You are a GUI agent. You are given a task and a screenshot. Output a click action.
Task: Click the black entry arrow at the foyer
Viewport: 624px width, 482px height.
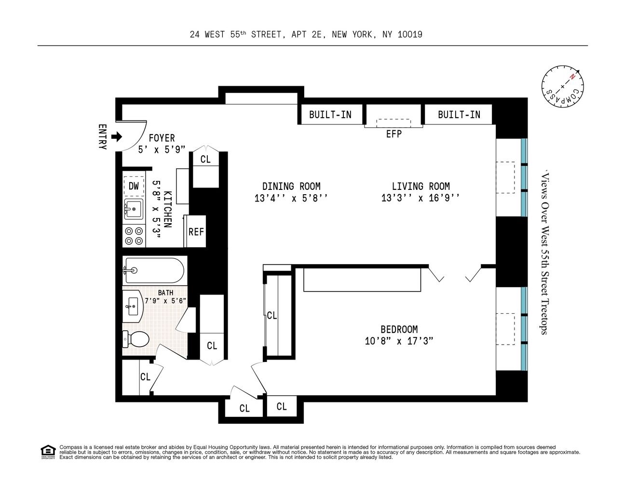(x=117, y=137)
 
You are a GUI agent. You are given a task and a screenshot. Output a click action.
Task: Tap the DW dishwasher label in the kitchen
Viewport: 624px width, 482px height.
(x=134, y=186)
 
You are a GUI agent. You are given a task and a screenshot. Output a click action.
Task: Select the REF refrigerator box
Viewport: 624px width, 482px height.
(x=196, y=232)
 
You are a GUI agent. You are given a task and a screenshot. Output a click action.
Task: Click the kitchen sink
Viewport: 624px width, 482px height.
(x=133, y=210)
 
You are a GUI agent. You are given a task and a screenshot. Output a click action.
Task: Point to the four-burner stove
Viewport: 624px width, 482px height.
(x=134, y=236)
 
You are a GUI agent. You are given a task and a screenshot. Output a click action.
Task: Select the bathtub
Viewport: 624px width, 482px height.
(x=153, y=270)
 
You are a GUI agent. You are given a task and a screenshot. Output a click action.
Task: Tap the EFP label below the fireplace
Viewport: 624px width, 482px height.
(x=393, y=134)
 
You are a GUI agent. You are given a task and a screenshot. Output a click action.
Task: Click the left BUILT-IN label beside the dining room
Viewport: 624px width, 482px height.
(x=330, y=115)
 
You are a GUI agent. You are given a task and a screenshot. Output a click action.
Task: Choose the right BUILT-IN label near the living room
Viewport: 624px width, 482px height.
(x=459, y=115)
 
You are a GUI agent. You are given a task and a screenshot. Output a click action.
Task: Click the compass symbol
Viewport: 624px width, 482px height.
(x=562, y=87)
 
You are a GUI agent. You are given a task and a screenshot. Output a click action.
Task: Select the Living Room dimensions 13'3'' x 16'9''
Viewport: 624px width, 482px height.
(x=420, y=198)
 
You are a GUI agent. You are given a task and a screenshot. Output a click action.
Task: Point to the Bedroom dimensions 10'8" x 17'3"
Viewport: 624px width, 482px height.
(x=399, y=341)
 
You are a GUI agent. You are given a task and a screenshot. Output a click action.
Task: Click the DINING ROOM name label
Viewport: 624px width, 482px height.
(x=291, y=186)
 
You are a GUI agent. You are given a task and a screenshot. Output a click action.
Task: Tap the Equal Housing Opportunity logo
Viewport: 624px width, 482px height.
(x=48, y=452)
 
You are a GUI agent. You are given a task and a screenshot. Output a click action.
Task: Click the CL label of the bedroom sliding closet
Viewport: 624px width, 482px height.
(x=272, y=315)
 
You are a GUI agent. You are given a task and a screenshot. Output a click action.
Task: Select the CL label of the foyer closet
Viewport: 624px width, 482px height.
(x=205, y=159)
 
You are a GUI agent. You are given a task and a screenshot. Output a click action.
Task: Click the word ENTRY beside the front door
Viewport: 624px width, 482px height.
(x=102, y=137)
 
